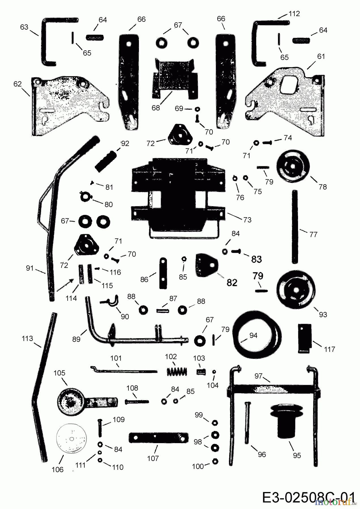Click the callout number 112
[294, 14]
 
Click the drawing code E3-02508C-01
[308, 497]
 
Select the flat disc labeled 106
[71, 439]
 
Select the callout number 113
[27, 338]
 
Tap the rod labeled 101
[124, 370]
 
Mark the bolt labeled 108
[136, 401]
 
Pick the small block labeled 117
[305, 338]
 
